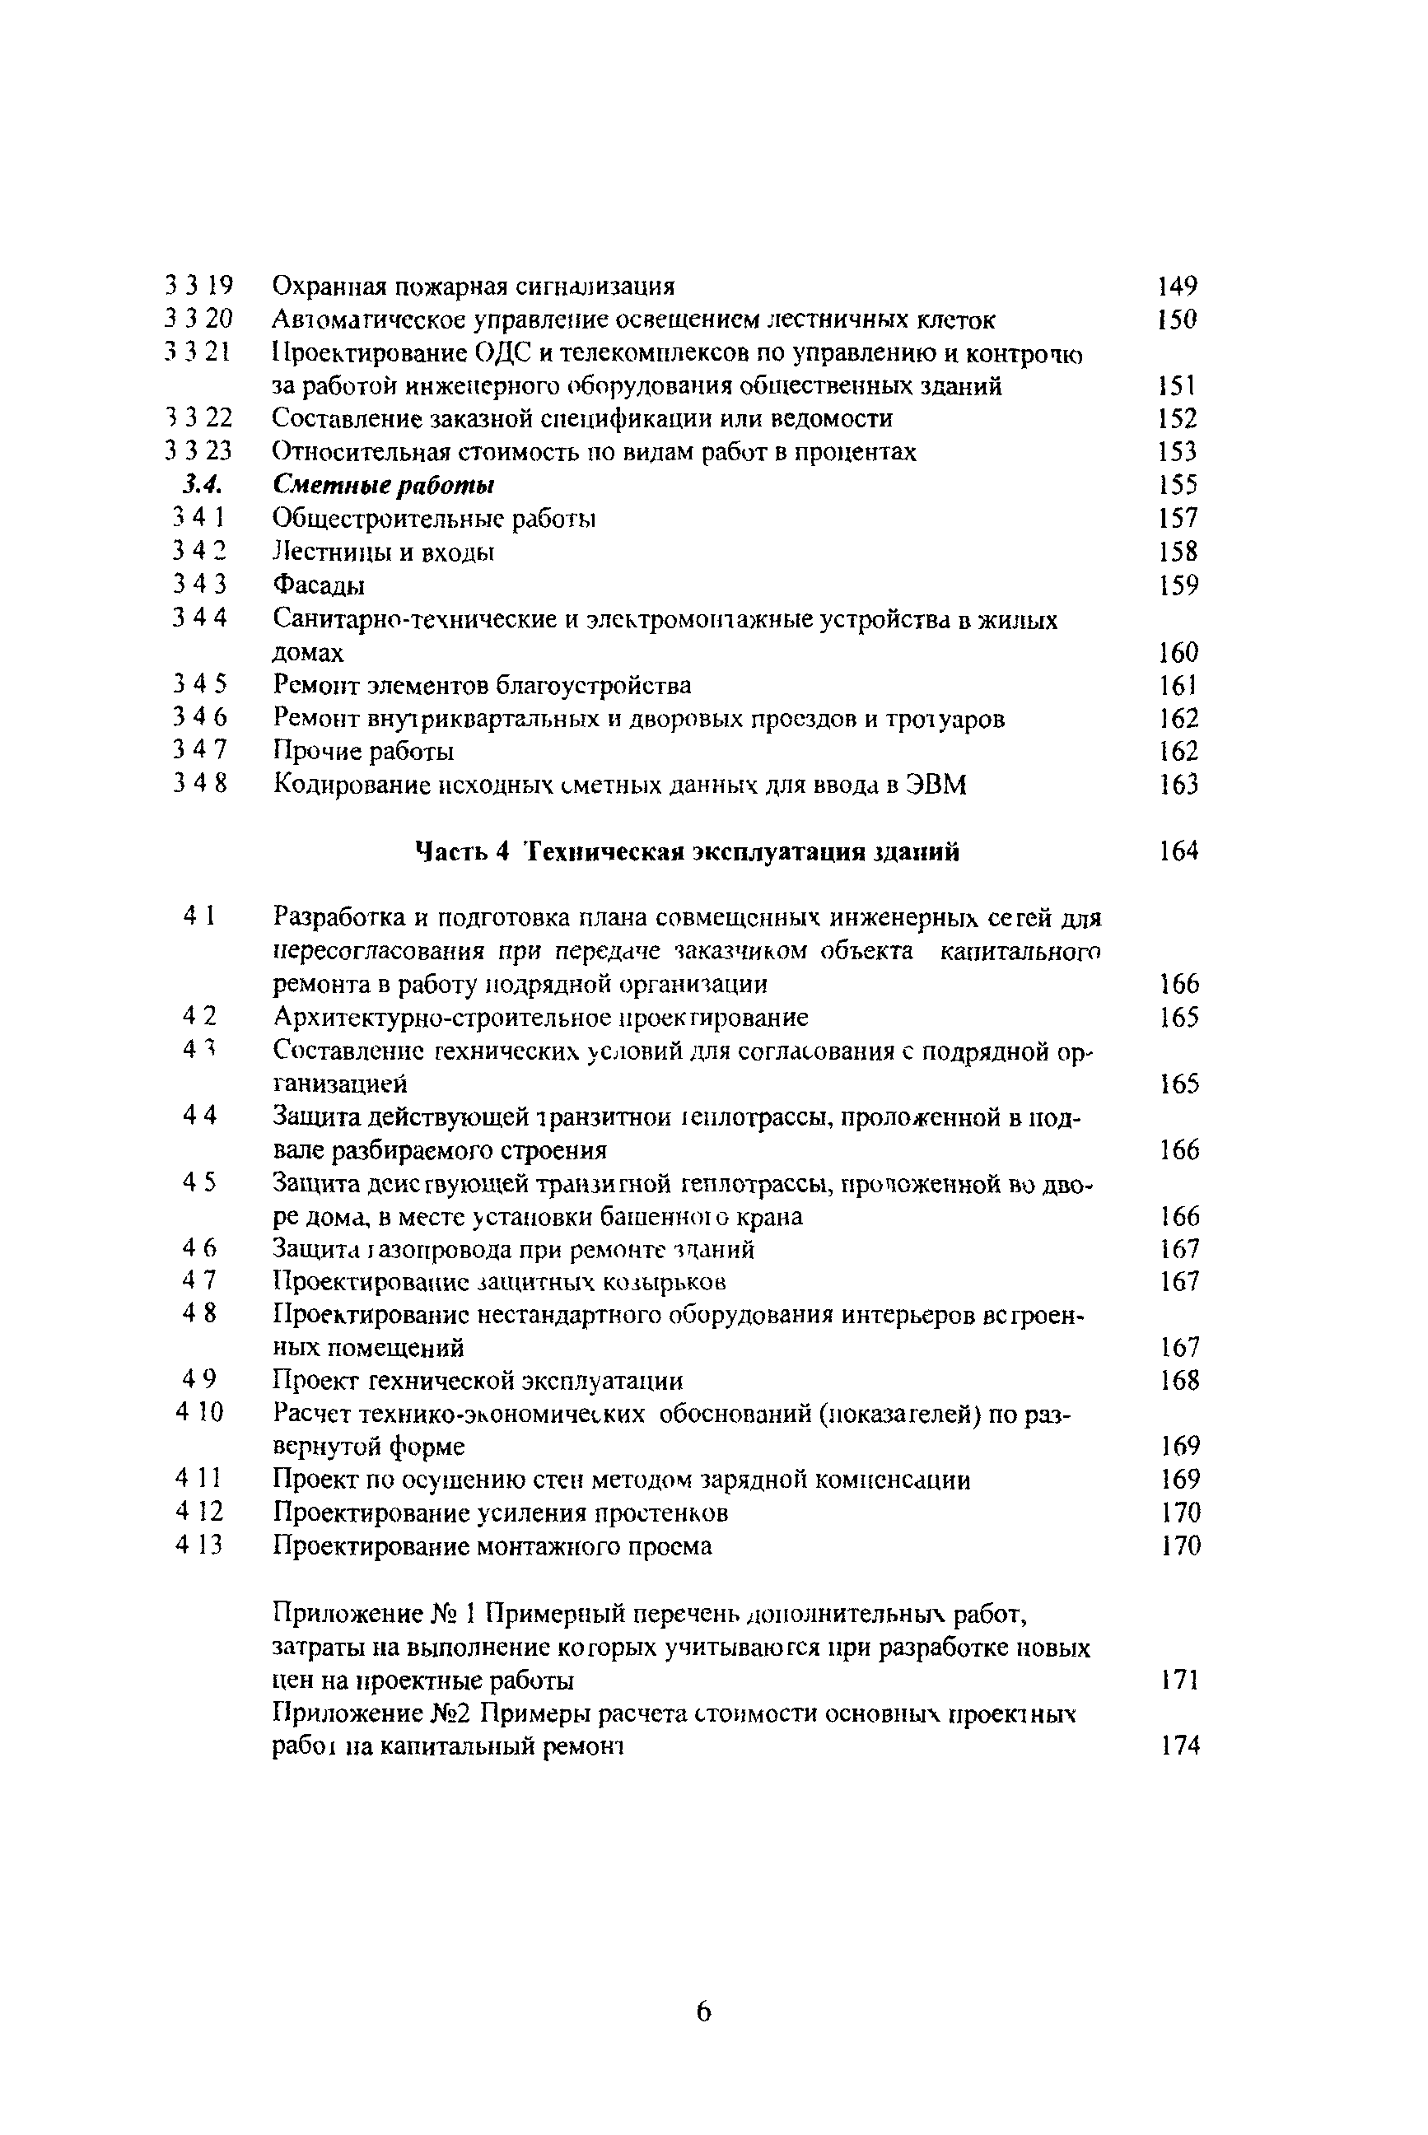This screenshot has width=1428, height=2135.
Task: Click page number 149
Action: click(x=1177, y=287)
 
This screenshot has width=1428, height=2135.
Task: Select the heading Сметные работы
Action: click(x=384, y=485)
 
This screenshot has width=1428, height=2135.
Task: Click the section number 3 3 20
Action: click(x=199, y=319)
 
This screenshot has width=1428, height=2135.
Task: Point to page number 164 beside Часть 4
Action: click(x=1178, y=851)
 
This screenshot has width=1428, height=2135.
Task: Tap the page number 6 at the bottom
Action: click(x=703, y=2011)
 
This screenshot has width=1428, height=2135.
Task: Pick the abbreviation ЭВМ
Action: click(x=937, y=785)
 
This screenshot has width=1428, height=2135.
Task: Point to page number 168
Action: click(x=1180, y=1380)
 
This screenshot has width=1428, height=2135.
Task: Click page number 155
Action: click(x=1178, y=485)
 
